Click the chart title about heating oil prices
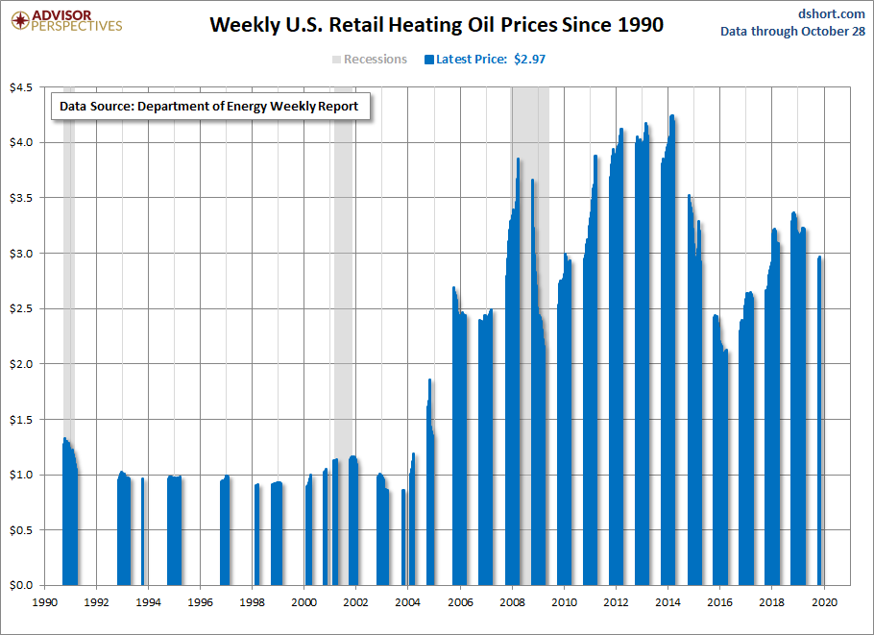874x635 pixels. tap(436, 25)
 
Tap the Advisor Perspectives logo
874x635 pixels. tap(66, 21)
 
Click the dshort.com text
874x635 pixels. tap(831, 14)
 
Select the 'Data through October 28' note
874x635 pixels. tap(792, 31)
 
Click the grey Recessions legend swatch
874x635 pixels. tap(337, 60)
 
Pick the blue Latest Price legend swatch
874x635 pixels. tap(429, 60)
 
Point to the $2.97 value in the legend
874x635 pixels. tap(529, 60)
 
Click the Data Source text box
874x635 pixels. tap(210, 106)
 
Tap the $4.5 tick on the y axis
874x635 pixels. tap(21, 87)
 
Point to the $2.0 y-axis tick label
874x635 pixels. tap(21, 364)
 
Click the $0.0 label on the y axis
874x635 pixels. tap(21, 585)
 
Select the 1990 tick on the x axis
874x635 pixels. tap(44, 602)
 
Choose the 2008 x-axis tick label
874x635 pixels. tap(512, 602)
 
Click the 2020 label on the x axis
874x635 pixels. tap(824, 602)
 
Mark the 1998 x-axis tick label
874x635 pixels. tap(252, 602)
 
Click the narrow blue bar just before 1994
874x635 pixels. tap(143, 531)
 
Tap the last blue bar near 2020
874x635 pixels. tap(820, 421)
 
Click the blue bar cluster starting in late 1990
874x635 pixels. tap(70, 513)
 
